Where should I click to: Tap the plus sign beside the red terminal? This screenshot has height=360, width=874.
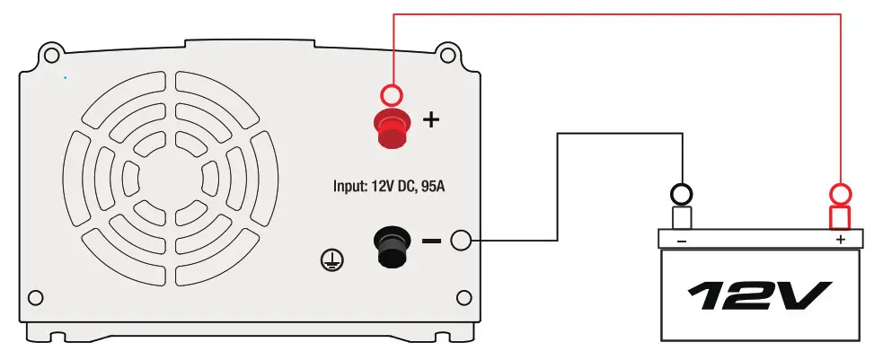pyautogui.click(x=431, y=119)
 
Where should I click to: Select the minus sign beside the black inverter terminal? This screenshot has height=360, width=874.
pyautogui.click(x=431, y=241)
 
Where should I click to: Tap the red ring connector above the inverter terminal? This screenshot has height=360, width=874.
pyautogui.click(x=392, y=93)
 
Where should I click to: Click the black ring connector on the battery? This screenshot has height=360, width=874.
pyautogui.click(x=682, y=193)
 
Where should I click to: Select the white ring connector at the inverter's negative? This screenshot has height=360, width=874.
pyautogui.click(x=461, y=241)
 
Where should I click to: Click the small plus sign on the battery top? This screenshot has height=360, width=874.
pyautogui.click(x=841, y=240)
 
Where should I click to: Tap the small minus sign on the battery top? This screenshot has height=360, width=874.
pyautogui.click(x=682, y=241)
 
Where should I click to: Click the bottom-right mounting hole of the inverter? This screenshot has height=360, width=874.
pyautogui.click(x=463, y=298)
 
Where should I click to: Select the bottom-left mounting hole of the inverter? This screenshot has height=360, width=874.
pyautogui.click(x=35, y=298)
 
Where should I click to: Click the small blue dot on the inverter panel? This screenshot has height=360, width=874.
pyautogui.click(x=66, y=78)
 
